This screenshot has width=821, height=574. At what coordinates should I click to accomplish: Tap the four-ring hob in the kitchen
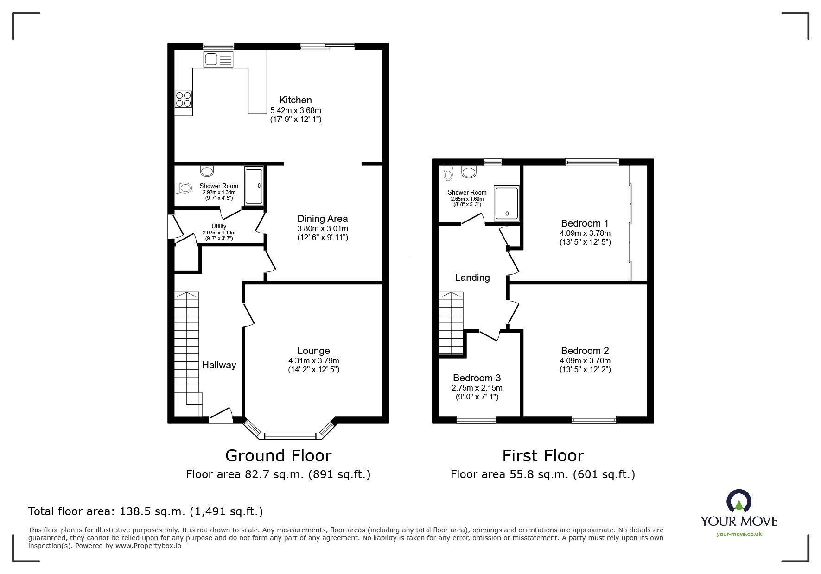[183, 99]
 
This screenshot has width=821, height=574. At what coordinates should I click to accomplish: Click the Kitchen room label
[295, 100]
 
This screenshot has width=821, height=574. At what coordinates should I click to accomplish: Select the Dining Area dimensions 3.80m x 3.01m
[322, 228]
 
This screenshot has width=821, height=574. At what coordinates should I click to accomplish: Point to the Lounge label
[313, 351]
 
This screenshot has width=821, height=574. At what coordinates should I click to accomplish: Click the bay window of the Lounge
[289, 435]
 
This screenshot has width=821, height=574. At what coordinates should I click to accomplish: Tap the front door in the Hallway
[221, 416]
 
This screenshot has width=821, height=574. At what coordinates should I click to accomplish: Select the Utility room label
[219, 226]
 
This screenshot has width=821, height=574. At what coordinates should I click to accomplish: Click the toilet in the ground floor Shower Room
[184, 188]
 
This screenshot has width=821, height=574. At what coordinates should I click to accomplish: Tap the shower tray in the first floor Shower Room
[506, 203]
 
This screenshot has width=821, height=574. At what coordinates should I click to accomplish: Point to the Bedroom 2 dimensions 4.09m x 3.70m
[585, 360]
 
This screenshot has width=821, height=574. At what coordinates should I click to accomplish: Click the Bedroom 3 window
[476, 420]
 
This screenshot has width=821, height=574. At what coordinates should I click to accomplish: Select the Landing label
[472, 278]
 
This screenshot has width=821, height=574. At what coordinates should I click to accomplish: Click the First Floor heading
[543, 456]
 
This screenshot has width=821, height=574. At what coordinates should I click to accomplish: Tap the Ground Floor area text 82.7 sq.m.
[278, 474]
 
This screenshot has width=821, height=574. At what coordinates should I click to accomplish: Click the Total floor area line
[146, 511]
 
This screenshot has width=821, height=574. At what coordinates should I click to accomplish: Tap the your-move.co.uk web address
[739, 534]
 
